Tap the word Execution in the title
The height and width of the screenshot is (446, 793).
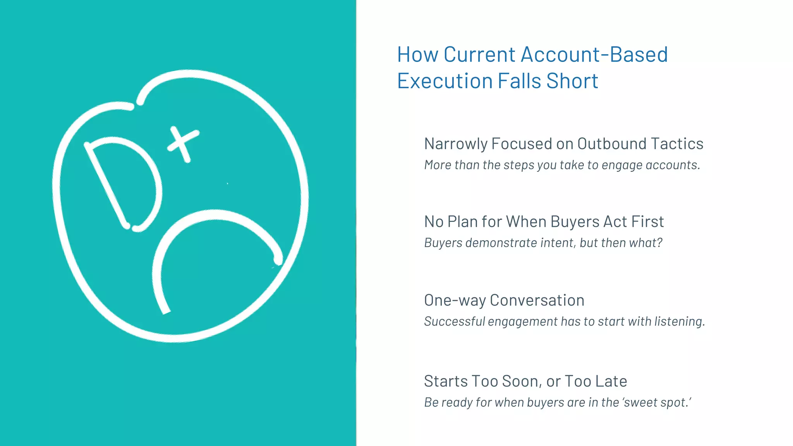pos(445,81)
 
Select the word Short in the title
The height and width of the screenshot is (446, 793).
pos(572,81)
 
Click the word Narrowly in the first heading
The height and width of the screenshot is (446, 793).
pos(456,144)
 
